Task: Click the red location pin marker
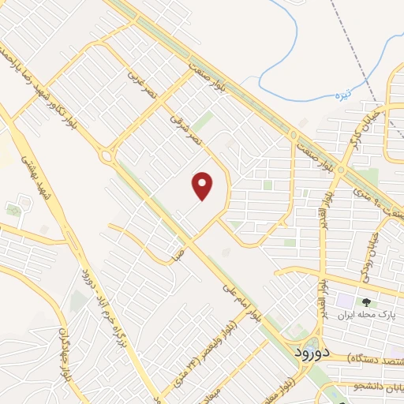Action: pos(203,187)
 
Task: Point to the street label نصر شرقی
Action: pos(184,126)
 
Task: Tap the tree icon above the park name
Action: pos(366,301)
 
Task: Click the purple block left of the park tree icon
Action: pos(346,301)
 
